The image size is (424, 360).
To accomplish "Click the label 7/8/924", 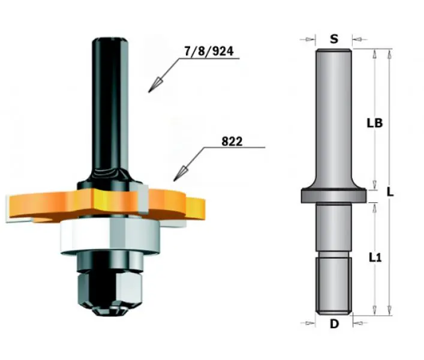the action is [x=209, y=51].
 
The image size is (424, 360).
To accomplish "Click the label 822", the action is [x=231, y=142].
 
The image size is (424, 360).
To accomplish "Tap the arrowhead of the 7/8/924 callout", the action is [x=154, y=85].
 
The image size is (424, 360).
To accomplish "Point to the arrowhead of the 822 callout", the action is [x=179, y=174].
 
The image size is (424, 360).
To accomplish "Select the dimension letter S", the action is [x=334, y=39].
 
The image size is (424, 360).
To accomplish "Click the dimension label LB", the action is [x=375, y=123].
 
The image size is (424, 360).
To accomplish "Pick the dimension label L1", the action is [x=375, y=258].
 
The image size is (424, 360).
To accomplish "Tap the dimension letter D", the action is [x=334, y=324].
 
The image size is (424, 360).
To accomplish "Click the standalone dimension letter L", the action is [x=390, y=192].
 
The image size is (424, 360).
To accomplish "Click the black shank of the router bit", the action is [x=110, y=108].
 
